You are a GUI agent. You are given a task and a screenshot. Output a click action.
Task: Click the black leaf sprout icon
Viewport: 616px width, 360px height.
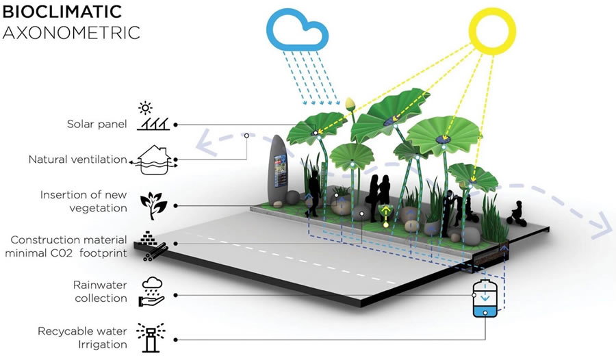pos(153,205)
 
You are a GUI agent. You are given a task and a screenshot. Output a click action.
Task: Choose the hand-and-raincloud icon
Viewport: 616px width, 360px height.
pos(152,292)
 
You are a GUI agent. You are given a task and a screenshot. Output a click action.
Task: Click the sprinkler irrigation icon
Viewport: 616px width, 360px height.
pos(151,337)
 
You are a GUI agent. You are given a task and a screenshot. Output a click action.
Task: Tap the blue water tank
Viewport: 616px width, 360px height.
pos(485,298)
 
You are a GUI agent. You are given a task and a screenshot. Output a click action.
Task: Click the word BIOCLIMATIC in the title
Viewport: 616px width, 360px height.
pos(62,12)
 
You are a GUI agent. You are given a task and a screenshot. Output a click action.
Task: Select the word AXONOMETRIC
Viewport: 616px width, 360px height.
pos(71,33)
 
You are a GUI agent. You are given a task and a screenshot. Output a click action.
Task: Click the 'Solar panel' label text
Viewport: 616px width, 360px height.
pos(97,124)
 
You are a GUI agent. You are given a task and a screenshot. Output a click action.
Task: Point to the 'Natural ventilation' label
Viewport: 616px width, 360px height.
pos(77,159)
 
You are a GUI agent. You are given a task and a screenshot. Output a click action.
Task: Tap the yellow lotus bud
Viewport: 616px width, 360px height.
pos(350,104)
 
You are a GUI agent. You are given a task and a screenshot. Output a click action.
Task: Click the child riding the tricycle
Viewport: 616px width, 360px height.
pos(517,214)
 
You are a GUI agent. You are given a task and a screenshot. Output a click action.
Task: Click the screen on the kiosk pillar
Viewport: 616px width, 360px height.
pos(280,171)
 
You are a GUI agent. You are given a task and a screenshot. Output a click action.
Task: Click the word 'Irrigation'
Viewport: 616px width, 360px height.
pos(103,345)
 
